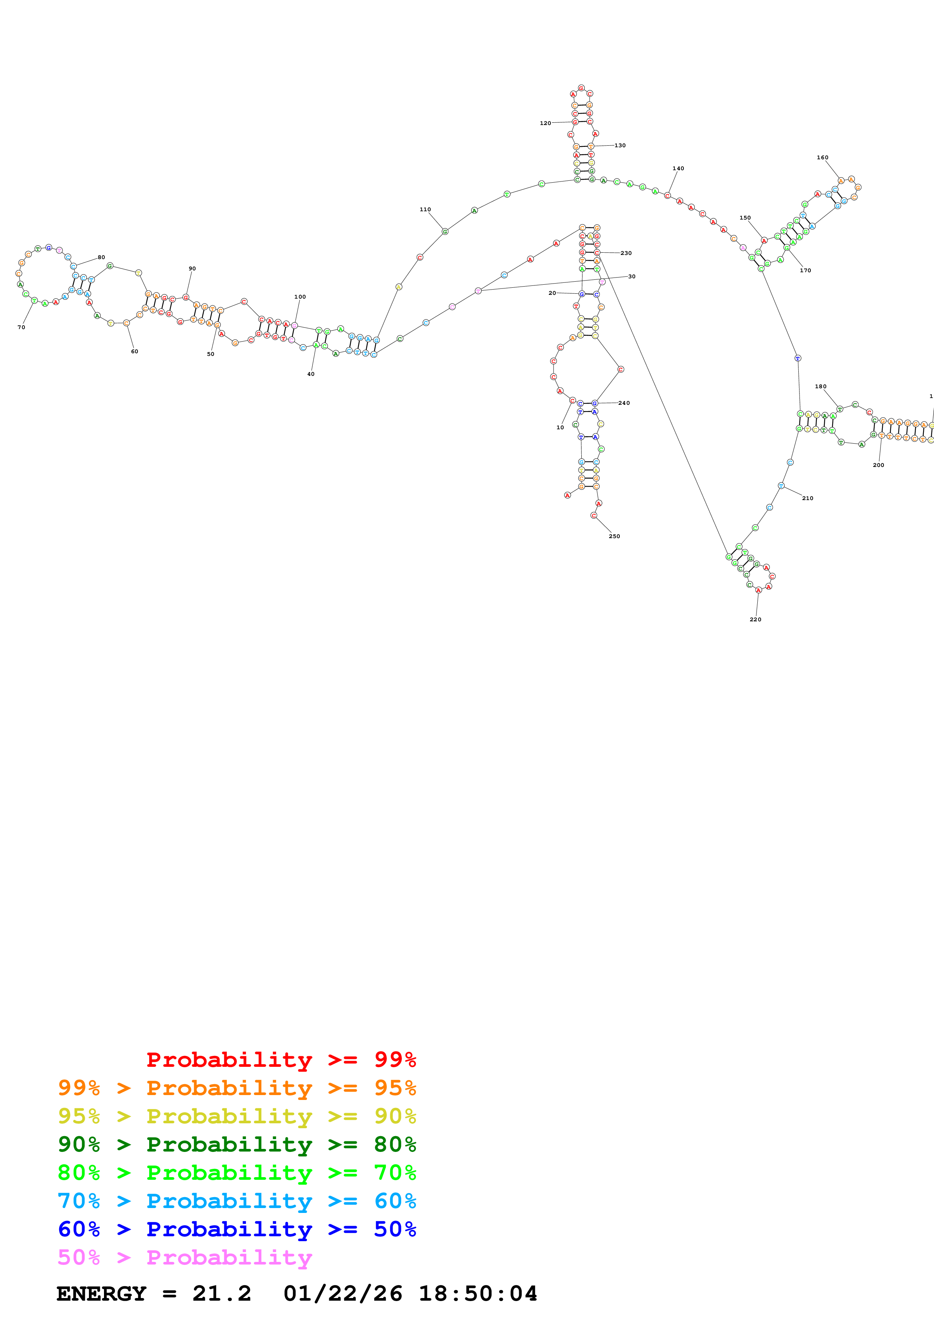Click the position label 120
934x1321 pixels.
545,123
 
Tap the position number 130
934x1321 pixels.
620,146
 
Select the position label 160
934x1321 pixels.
822,158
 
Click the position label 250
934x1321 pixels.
614,536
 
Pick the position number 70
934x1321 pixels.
21,327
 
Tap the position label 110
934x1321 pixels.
425,209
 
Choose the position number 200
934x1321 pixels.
878,465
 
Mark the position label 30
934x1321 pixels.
631,277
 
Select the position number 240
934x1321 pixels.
624,403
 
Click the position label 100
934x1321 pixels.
300,297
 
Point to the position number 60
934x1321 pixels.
134,352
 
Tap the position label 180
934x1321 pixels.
821,387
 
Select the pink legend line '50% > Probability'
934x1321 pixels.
185,1258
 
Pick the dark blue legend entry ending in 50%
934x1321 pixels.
237,1229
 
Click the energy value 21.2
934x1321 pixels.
222,1294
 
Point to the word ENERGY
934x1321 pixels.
101,1294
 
